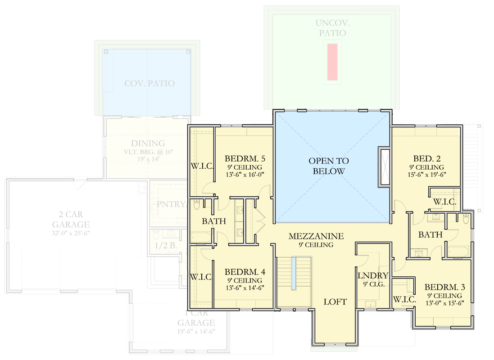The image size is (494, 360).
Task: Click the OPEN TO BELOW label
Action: [328, 166]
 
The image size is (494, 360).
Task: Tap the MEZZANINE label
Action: [316, 236]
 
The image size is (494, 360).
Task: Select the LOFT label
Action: [335, 301]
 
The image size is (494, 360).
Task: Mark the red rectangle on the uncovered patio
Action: [332, 62]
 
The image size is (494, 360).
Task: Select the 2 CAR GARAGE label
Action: [71, 219]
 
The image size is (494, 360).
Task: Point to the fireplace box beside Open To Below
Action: [384, 166]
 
